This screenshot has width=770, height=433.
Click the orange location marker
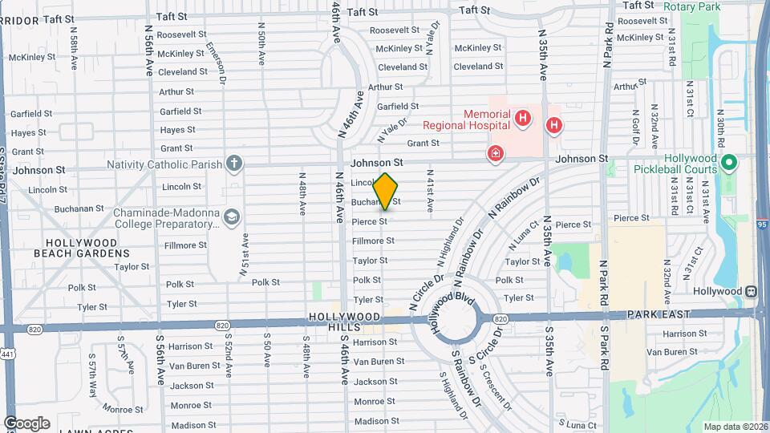(x=385, y=192)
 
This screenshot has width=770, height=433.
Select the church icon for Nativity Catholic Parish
(x=233, y=164)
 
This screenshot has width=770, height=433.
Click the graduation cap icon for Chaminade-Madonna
(x=232, y=216)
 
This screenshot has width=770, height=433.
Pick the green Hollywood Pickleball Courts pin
(x=729, y=164)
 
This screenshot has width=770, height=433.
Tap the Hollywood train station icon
(x=752, y=291)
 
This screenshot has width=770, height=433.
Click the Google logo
(x=26, y=423)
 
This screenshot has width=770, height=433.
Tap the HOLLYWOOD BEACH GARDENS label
(x=81, y=248)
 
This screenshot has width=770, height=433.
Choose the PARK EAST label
(x=659, y=314)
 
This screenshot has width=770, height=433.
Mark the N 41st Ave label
(x=431, y=190)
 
